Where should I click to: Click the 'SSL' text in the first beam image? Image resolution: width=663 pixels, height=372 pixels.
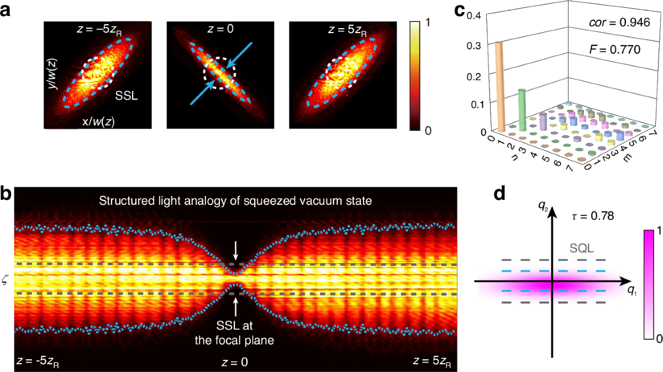click(126, 95)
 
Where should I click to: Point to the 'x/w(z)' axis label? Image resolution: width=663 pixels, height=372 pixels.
click(97, 121)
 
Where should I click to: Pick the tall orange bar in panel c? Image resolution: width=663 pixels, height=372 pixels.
click(500, 87)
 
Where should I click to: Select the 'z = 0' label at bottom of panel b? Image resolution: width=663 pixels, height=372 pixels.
click(235, 362)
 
